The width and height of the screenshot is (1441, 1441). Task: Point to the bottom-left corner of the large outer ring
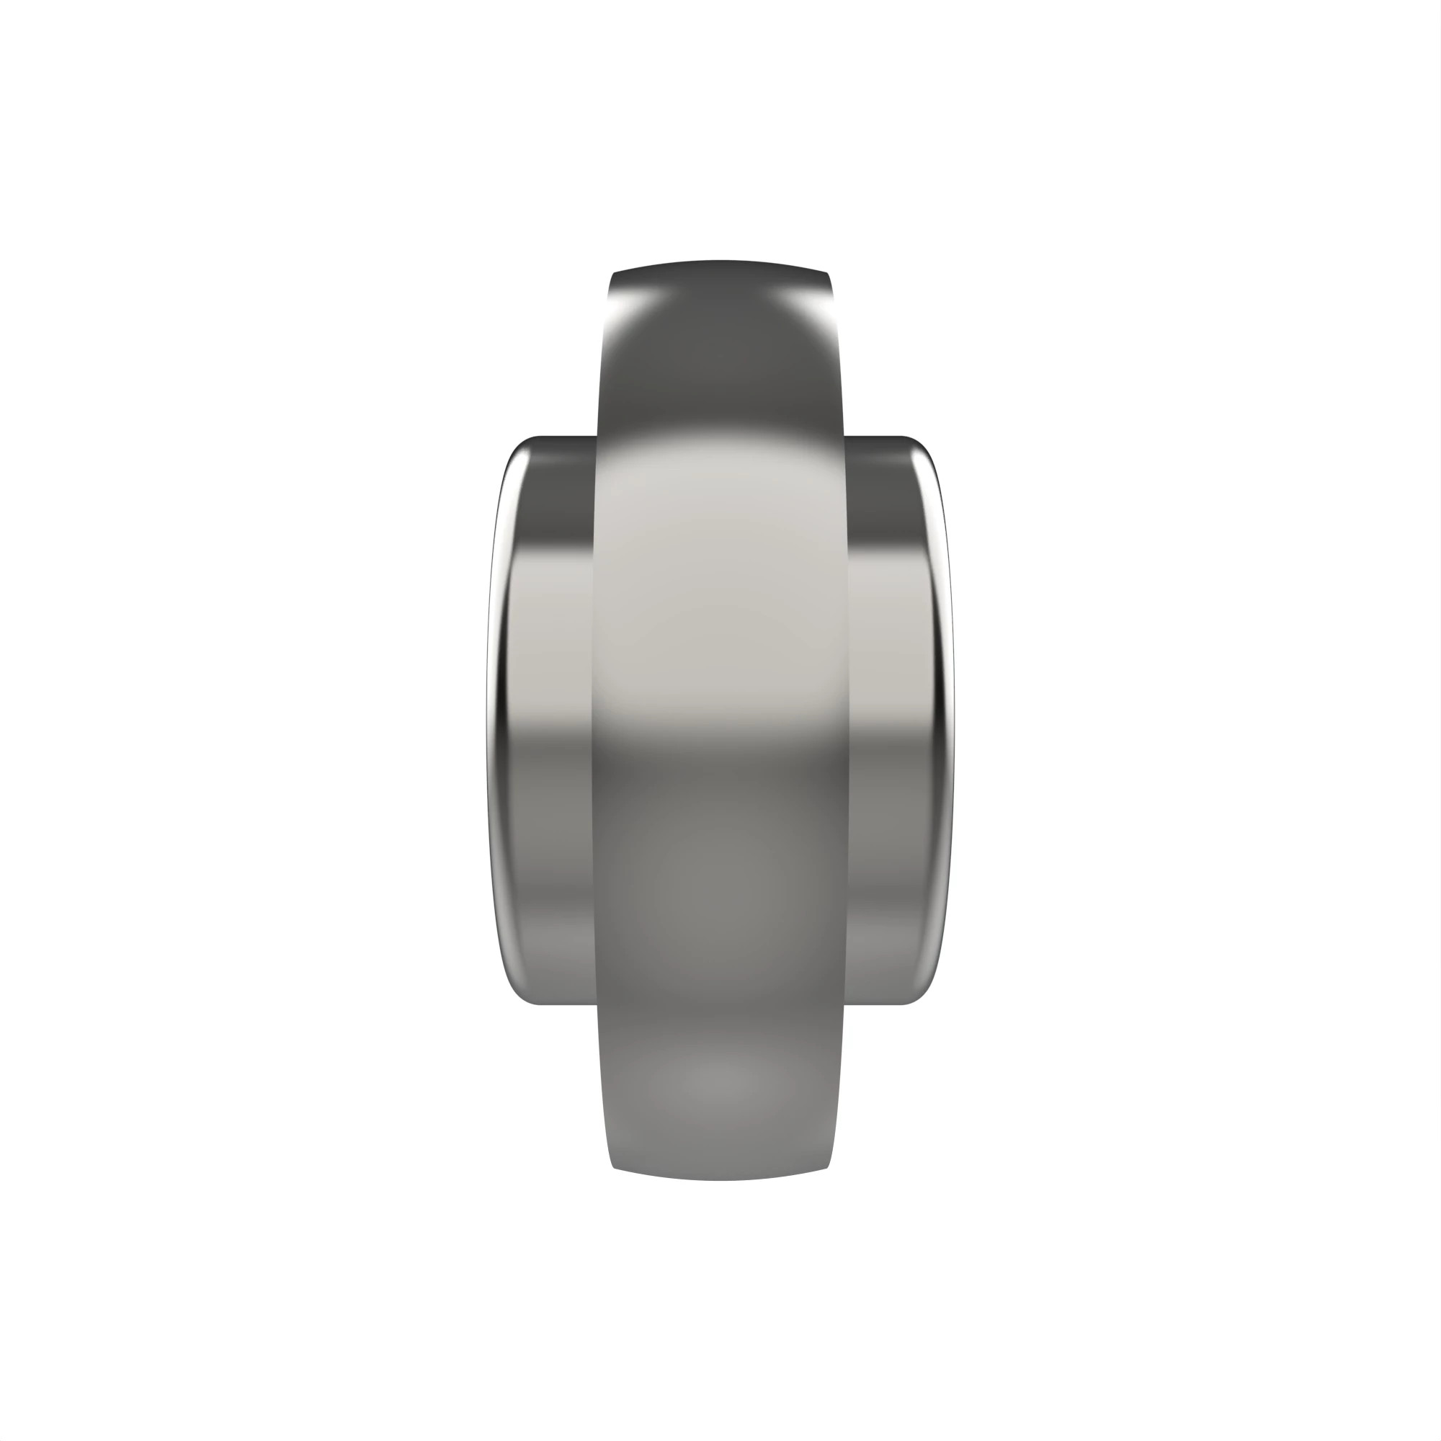pyautogui.click(x=615, y=1166)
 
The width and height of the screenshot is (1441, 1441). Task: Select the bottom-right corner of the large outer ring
pyautogui.click(x=826, y=1166)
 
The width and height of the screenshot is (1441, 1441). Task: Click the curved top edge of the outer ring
pyautogui.click(x=720, y=262)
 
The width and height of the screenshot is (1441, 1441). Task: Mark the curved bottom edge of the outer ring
pyautogui.click(x=720, y=1179)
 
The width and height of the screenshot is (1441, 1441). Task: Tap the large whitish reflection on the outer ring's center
pyautogui.click(x=720, y=581)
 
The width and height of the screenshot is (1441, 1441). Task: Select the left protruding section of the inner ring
pyautogui.click(x=545, y=720)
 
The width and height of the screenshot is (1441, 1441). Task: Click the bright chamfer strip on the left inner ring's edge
pyautogui.click(x=495, y=720)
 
